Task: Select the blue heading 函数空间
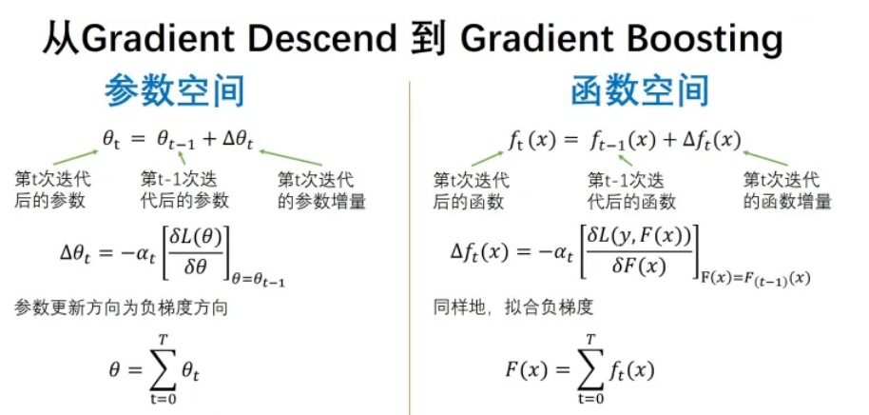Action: click(x=639, y=91)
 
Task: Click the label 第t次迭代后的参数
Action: click(x=49, y=189)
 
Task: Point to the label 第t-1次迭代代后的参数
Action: click(x=183, y=189)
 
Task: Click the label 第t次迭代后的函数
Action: click(x=471, y=189)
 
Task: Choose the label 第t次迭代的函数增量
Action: click(x=787, y=189)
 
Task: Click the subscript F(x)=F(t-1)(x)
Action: click(x=756, y=278)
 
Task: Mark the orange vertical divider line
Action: click(x=410, y=247)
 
